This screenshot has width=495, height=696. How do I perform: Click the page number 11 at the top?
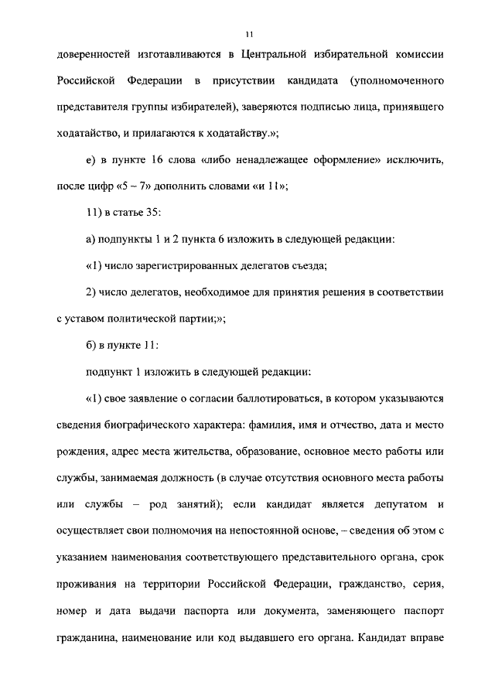tap(248, 34)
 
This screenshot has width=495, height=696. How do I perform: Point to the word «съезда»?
tap(306, 265)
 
